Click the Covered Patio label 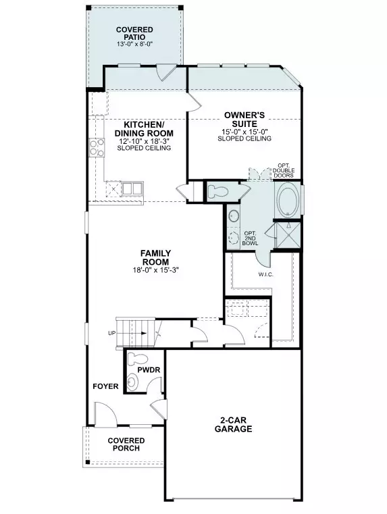pos(134,34)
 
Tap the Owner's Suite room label pos(244,120)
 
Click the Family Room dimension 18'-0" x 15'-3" pos(155,270)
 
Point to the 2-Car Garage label pos(233,425)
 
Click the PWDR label pos(149,370)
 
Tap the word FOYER pos(105,386)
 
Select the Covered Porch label pos(126,444)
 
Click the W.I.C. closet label pos(265,275)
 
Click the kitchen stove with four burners pos(97,147)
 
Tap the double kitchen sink pos(132,188)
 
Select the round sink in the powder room pos(132,382)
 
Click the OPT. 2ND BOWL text pos(250,238)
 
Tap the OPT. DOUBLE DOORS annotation pos(284,170)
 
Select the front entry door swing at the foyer pos(106,414)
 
